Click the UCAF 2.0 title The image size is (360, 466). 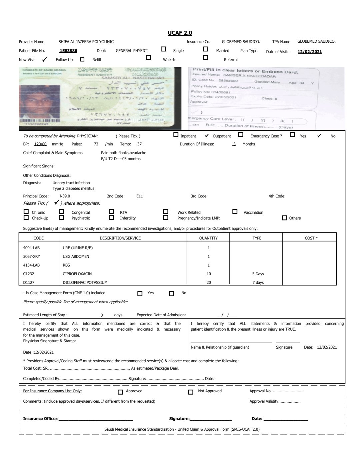tap(180, 33)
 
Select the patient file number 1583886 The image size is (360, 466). tap(68, 51)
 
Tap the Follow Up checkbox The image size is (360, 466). tap(82, 59)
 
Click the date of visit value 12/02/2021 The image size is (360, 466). tap(310, 52)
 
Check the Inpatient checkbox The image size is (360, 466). tap(176, 135)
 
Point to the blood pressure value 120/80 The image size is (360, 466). tap(40, 144)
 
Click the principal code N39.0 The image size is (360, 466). tap(65, 196)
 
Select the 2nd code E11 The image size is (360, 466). tap(139, 196)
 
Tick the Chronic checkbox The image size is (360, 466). tap(26, 211)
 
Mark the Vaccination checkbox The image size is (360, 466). tap(235, 211)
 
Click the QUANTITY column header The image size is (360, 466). tap(208, 238)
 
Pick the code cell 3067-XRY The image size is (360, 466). tap(31, 257)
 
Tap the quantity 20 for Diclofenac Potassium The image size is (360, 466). tap(209, 283)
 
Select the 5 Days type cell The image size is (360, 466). tap(258, 274)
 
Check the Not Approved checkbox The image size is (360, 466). tap(191, 392)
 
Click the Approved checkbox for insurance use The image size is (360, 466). tap(120, 392)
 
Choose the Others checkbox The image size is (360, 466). tap(284, 218)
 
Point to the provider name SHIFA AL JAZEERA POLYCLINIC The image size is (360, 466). tap(86, 42)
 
